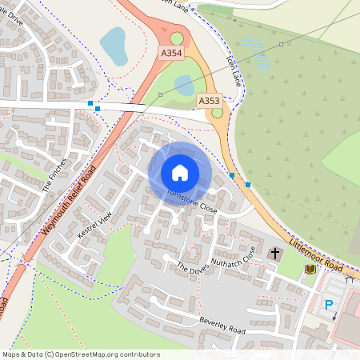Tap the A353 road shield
(x=209, y=100)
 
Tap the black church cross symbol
(x=275, y=254)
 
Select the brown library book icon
(x=310, y=270)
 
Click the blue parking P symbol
(x=328, y=305)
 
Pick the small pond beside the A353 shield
(x=184, y=83)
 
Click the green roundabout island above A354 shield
(x=177, y=38)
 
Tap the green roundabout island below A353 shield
(x=218, y=113)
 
